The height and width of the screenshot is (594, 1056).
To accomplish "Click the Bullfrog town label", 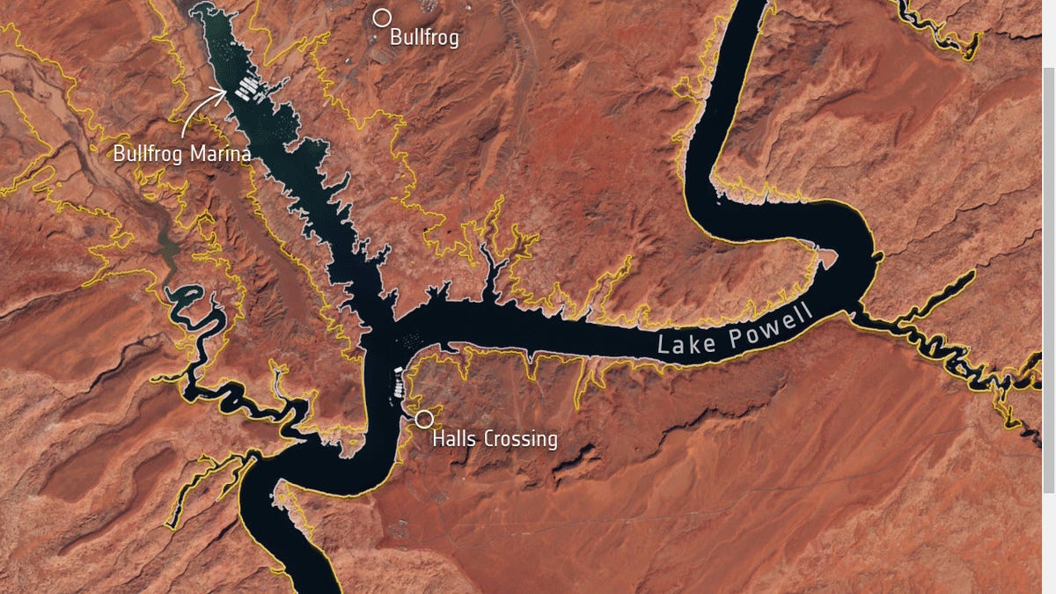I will pyautogui.click(x=424, y=38).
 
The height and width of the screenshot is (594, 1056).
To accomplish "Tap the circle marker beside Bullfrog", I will pyautogui.click(x=382, y=18).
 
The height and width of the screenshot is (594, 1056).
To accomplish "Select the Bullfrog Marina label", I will pyautogui.click(x=182, y=154).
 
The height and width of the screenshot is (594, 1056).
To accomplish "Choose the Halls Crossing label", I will pyautogui.click(x=495, y=438).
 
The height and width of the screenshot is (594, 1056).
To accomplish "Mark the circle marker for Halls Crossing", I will pyautogui.click(x=424, y=419).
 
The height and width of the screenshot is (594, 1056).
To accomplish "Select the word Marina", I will pyautogui.click(x=219, y=154).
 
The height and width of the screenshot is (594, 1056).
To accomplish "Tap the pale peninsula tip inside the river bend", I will pyautogui.click(x=825, y=258).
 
